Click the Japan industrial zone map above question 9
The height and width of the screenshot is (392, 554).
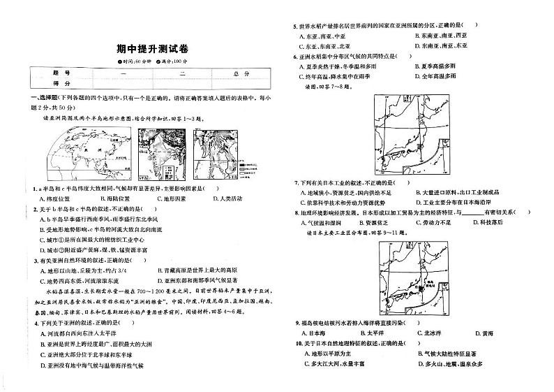410,276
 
